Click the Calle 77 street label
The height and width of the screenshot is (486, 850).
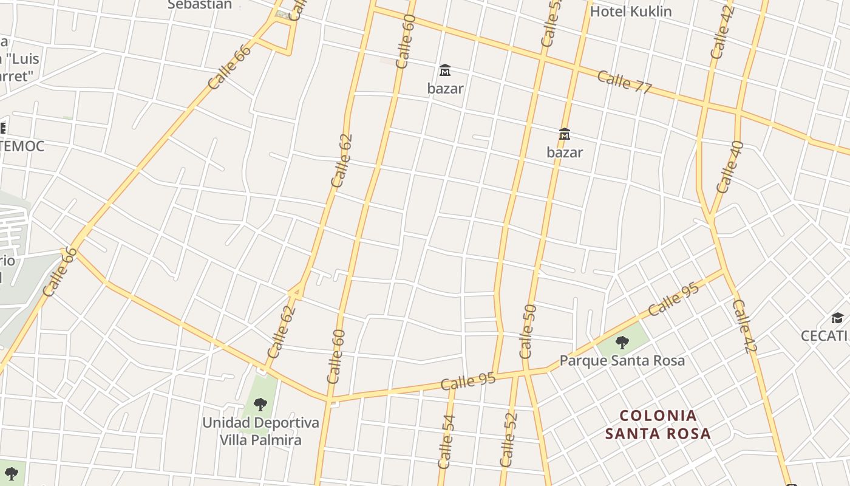(x=624, y=82)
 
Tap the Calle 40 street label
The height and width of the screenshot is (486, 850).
(x=730, y=167)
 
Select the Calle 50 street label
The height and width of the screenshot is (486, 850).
(x=528, y=331)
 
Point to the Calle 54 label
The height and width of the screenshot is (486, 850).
(x=446, y=442)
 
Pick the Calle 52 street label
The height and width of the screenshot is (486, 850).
(x=508, y=439)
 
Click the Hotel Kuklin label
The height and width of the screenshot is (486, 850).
(x=631, y=12)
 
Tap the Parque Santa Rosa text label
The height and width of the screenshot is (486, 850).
(x=622, y=360)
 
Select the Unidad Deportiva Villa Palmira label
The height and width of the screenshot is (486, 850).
(x=260, y=431)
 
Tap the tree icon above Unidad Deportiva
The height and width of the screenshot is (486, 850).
(x=260, y=404)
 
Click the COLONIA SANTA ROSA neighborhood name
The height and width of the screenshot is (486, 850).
(x=658, y=425)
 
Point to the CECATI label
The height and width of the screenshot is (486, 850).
(x=824, y=336)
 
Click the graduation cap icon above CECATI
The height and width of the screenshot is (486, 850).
(x=837, y=318)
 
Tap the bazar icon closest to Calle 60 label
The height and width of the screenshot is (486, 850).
(x=445, y=70)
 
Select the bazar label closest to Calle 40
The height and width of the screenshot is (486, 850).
(x=565, y=152)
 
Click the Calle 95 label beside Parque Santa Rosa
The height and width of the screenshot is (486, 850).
(x=673, y=298)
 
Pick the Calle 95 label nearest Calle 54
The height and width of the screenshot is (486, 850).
(x=468, y=382)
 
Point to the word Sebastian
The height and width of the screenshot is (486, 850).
(x=200, y=5)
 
